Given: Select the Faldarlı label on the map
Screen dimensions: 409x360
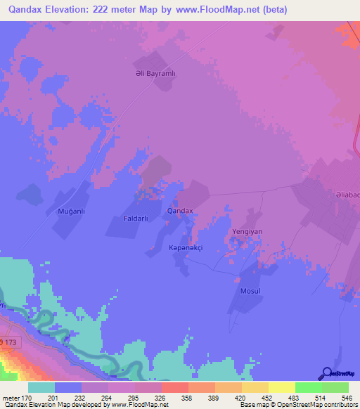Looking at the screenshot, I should [134, 219].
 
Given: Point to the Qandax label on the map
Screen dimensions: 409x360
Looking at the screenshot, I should [180, 211].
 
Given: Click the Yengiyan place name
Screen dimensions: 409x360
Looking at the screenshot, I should [242, 231].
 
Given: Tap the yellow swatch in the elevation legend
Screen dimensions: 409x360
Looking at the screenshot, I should [282, 387].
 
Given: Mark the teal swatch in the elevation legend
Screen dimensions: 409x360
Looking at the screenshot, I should [41, 387].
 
